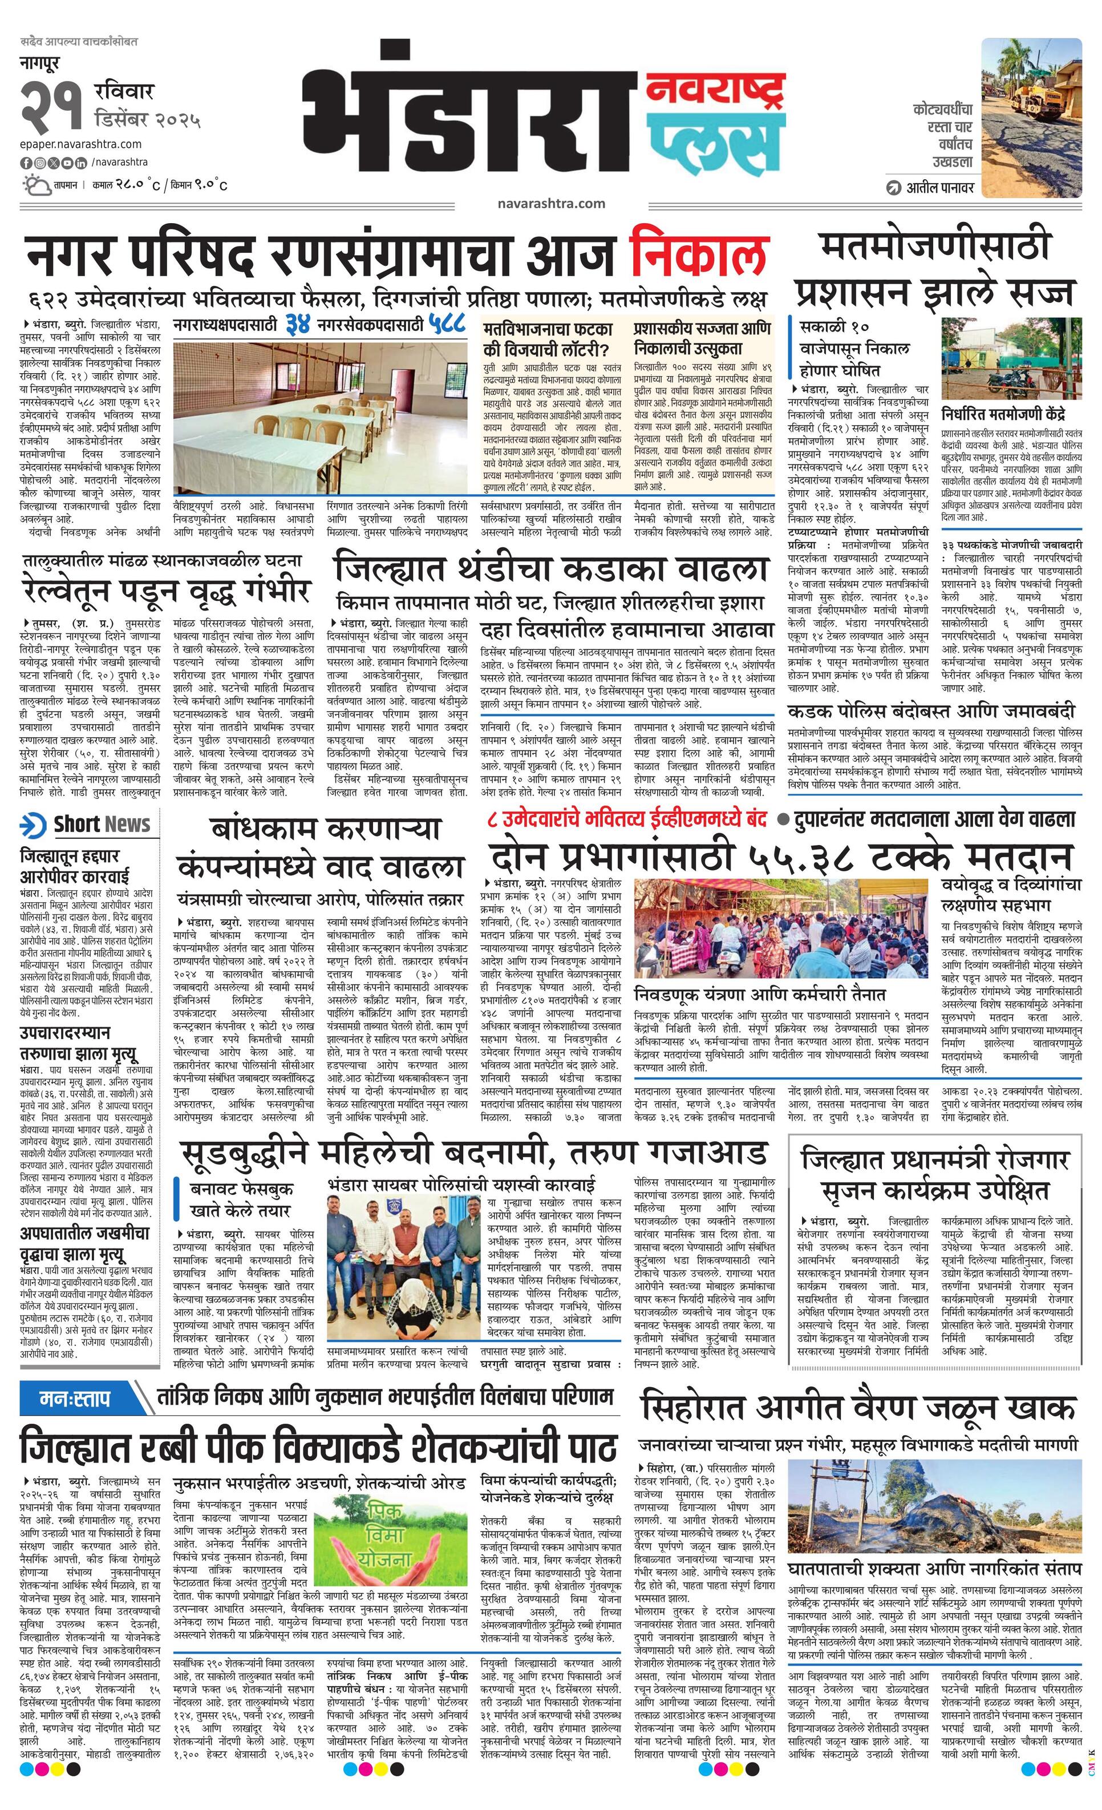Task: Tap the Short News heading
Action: [87, 824]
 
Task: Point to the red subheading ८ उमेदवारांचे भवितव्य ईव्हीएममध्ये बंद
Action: [629, 818]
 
